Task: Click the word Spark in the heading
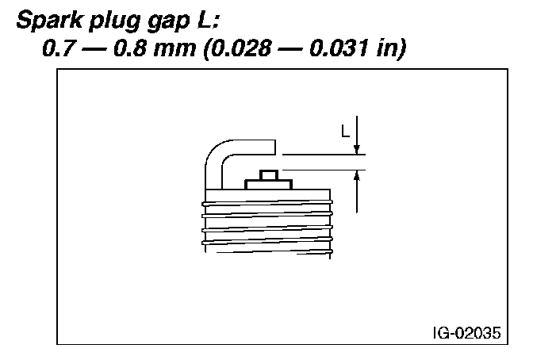[x=50, y=20]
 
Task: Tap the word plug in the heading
[x=115, y=21]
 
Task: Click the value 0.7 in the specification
[x=59, y=48]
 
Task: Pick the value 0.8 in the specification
[x=130, y=48]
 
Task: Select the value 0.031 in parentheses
[x=339, y=48]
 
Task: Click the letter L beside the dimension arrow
[x=345, y=131]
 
